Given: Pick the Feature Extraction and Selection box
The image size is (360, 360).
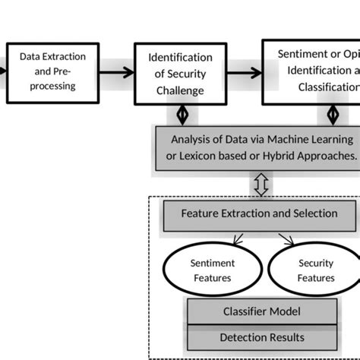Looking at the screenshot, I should click(x=259, y=214).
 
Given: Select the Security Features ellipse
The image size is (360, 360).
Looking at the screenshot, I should click(x=316, y=270).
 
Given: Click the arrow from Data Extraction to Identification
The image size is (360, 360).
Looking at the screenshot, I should click(x=116, y=73).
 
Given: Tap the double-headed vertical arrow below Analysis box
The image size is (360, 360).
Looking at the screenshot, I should click(x=261, y=184).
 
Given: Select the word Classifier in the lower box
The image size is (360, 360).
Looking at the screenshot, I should click(x=244, y=311).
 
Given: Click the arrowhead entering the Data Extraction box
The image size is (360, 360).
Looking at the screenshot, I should click(x=4, y=73).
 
